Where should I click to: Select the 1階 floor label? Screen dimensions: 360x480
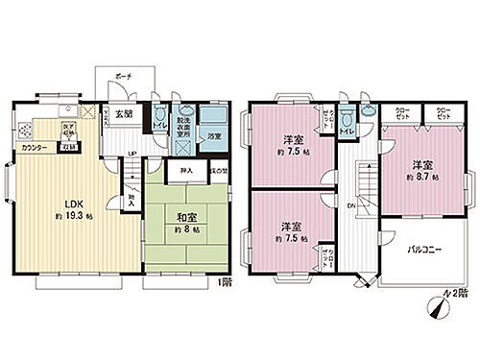(225, 281)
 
